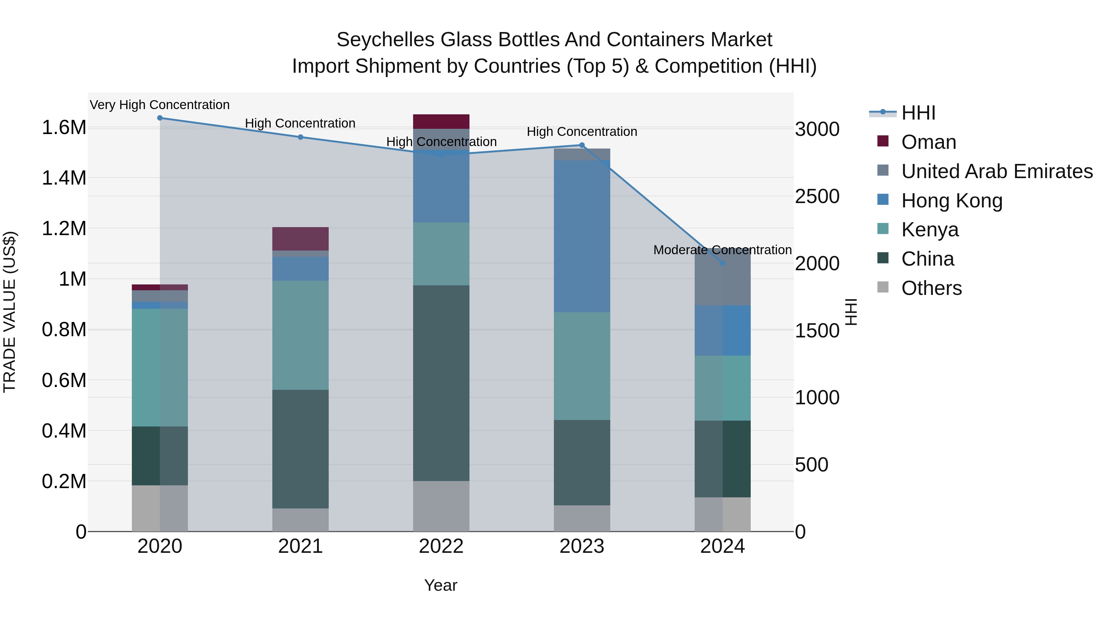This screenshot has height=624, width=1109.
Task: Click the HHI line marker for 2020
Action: (160, 118)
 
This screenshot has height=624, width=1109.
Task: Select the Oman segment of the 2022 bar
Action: (441, 121)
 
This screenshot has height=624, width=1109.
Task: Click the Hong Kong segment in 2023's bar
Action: (582, 236)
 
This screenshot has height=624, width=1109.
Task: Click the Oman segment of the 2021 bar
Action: (300, 239)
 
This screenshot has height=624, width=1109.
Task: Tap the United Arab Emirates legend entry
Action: (996, 171)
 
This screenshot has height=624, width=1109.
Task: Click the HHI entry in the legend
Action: (918, 113)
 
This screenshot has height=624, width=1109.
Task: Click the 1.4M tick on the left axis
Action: (64, 178)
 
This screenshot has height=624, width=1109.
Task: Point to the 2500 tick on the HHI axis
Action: (817, 196)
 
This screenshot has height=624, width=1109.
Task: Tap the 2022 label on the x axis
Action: (441, 546)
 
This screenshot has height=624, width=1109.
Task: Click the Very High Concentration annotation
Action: (160, 105)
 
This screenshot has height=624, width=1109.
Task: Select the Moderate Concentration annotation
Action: (722, 250)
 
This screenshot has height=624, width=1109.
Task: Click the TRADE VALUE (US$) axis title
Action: (10, 312)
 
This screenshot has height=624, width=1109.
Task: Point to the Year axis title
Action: (441, 585)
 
